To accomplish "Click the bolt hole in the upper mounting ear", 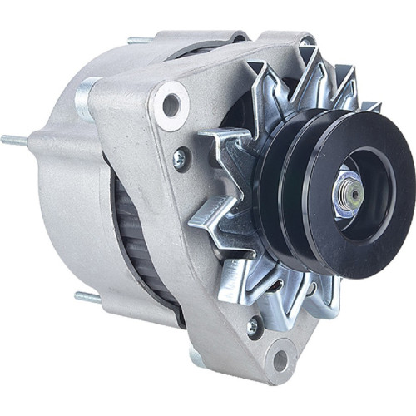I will [x=171, y=104].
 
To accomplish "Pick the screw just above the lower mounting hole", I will [x=253, y=327].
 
